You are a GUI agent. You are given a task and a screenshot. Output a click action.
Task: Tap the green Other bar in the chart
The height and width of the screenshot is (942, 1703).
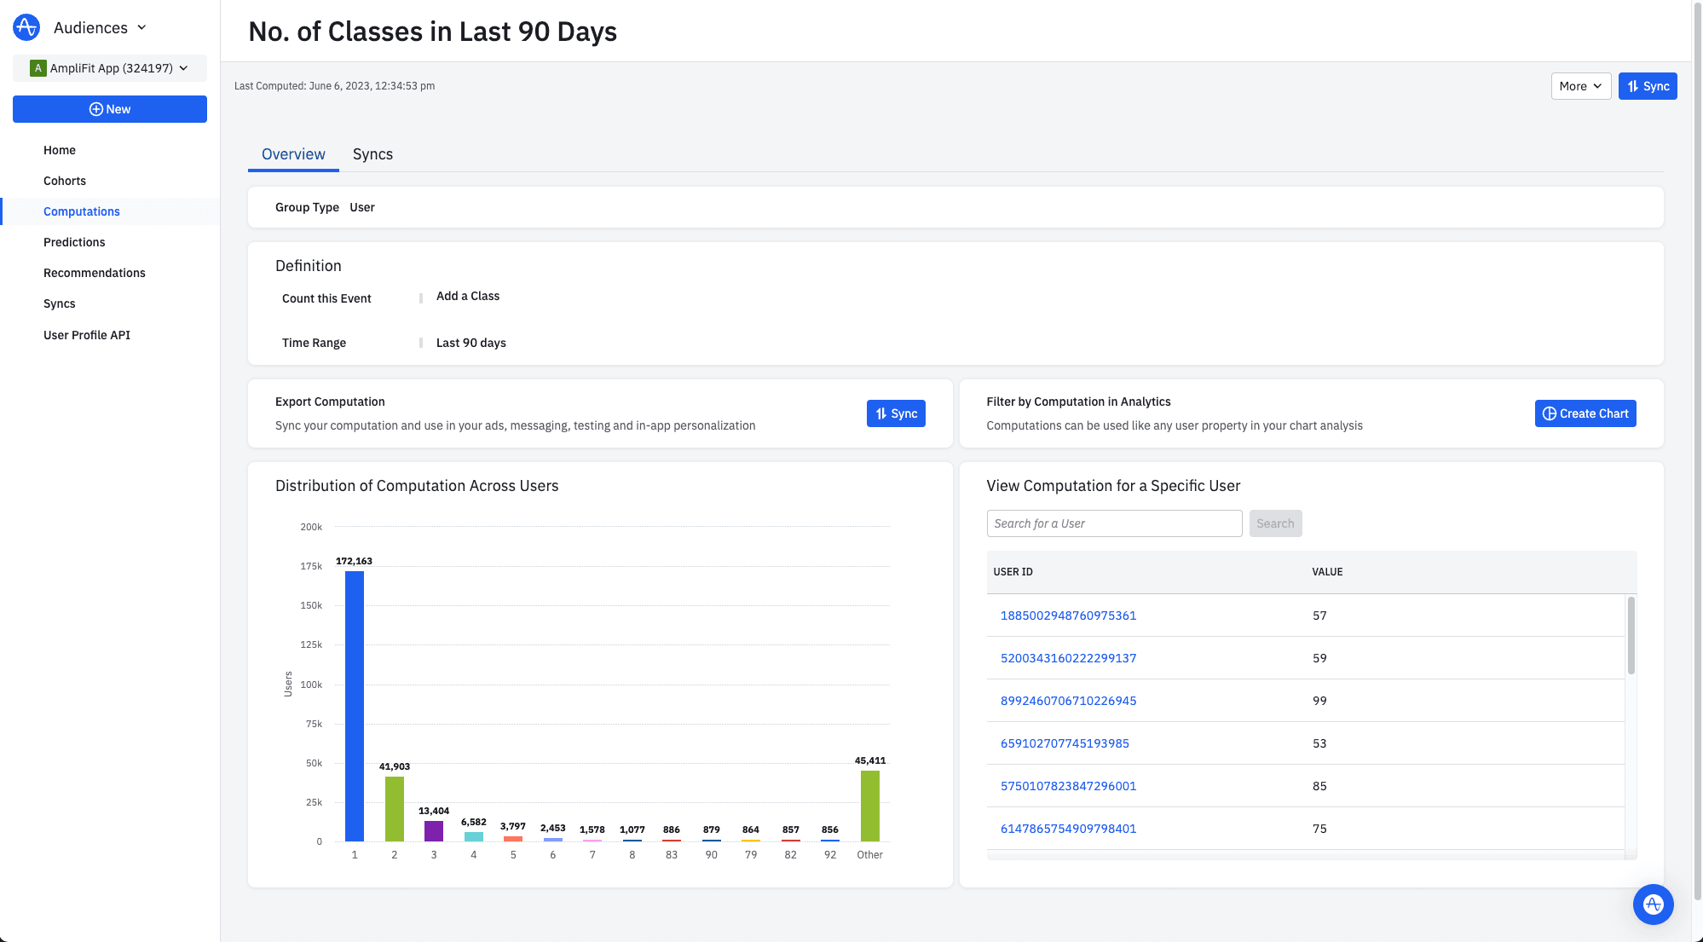tap(869, 806)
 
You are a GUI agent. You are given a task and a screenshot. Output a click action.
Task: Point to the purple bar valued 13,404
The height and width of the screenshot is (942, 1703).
tap(434, 830)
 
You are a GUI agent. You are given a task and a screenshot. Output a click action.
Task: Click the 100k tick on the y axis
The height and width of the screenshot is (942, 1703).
tap(311, 685)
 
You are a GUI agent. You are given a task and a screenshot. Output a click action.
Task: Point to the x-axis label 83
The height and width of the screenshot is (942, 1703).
tap(672, 854)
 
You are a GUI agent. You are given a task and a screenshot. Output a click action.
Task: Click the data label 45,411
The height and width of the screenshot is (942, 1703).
tap(870, 760)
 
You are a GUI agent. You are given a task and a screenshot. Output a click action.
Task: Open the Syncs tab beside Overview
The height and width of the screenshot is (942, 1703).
tap(372, 154)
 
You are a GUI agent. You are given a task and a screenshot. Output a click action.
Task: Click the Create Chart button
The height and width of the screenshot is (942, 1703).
tap(1585, 413)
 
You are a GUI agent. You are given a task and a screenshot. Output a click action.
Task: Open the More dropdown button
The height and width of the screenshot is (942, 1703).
tap(1580, 86)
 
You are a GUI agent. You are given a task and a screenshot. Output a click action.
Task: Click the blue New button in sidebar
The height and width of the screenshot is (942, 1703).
tap(110, 109)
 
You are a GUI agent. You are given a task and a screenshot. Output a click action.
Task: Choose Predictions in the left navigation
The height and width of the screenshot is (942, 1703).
tap(74, 242)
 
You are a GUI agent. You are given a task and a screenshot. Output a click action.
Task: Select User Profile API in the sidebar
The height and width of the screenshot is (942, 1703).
tap(87, 335)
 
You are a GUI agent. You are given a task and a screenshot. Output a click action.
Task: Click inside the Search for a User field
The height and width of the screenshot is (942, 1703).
tap(1114, 523)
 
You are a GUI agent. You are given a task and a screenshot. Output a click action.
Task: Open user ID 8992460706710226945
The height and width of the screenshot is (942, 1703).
tap(1068, 701)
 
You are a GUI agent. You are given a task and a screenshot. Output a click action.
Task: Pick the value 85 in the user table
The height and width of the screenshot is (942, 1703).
tap(1319, 786)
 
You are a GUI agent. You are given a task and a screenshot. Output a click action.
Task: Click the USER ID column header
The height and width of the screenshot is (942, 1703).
tap(1013, 572)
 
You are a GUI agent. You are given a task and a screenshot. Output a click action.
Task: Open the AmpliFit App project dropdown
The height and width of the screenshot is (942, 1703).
tap(110, 68)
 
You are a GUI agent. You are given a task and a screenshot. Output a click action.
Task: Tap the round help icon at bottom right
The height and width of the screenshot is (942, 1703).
tap(1653, 904)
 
